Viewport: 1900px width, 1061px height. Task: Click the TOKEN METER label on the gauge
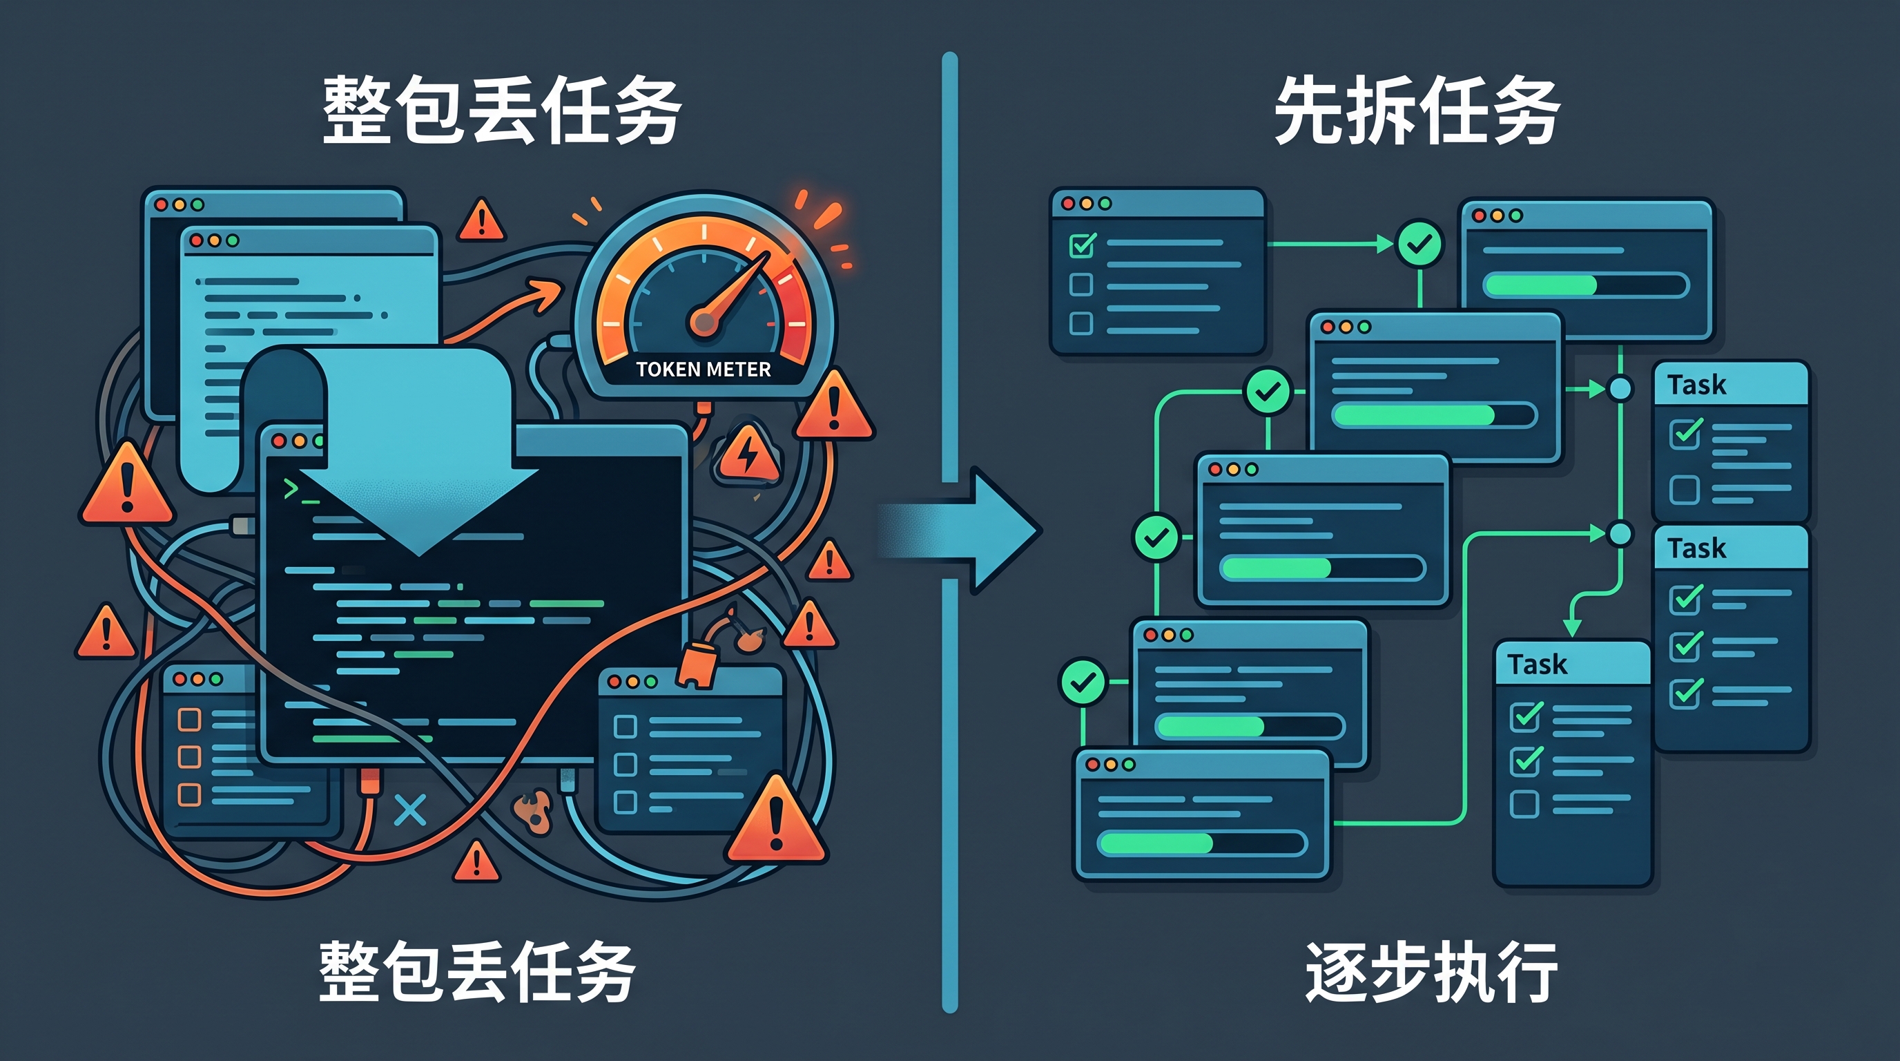(x=703, y=369)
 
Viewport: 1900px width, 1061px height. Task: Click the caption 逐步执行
(x=1431, y=971)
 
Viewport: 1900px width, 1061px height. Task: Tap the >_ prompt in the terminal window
(x=300, y=490)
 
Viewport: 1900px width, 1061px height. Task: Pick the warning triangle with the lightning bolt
(x=748, y=452)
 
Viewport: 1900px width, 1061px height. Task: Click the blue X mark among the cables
(x=410, y=811)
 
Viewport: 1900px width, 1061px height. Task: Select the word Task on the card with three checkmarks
(x=1696, y=549)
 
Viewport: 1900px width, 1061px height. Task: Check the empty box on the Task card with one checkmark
(x=1685, y=489)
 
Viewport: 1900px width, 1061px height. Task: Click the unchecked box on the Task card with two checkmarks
(x=1524, y=803)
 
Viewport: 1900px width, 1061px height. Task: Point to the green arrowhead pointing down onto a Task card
(x=1572, y=627)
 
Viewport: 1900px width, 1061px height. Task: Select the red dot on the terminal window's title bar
(x=278, y=441)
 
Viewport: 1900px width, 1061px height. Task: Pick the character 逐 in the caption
(x=1337, y=971)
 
